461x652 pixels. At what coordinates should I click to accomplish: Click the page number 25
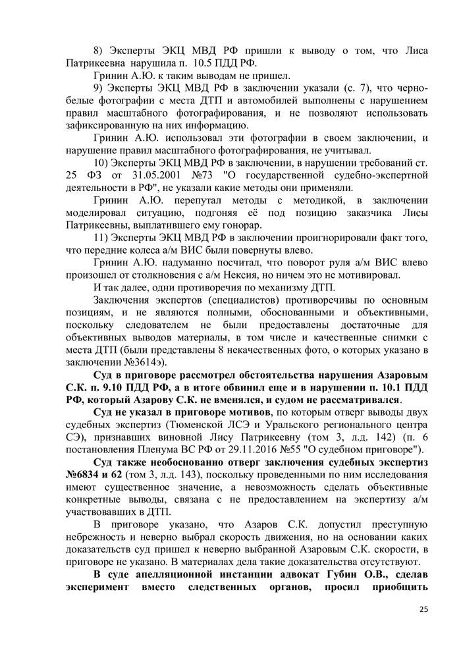coord(423,608)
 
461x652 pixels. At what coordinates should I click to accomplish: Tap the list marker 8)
coord(99,51)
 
